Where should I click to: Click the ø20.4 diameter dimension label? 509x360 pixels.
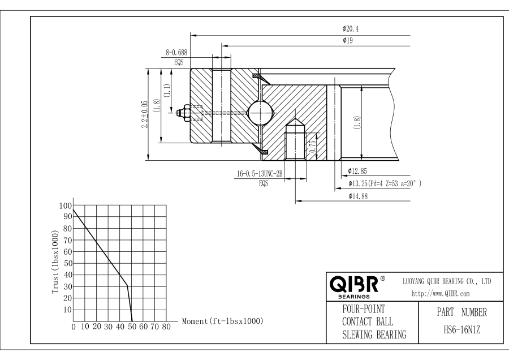350,29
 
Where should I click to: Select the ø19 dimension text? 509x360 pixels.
348,41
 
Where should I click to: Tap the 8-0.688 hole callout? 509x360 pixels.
176,52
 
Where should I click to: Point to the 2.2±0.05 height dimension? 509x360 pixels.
145,114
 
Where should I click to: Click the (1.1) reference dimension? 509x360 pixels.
166,91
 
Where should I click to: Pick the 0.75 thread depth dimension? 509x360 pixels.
313,147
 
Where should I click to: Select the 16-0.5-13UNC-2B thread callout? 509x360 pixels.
260,174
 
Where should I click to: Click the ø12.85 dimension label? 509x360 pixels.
357,172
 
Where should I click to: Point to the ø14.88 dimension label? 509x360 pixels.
358,196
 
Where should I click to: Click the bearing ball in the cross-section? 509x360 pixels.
260,113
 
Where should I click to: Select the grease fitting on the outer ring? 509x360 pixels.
184,113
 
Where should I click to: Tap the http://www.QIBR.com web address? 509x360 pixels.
441,294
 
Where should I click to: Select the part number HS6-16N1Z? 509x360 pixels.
461,331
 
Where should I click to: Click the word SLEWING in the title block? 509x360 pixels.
358,335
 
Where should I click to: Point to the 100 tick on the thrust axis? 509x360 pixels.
65,205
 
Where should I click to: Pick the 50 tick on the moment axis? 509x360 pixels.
132,327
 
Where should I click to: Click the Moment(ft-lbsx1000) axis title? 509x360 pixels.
223,322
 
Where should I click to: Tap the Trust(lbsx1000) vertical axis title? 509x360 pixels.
55,262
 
